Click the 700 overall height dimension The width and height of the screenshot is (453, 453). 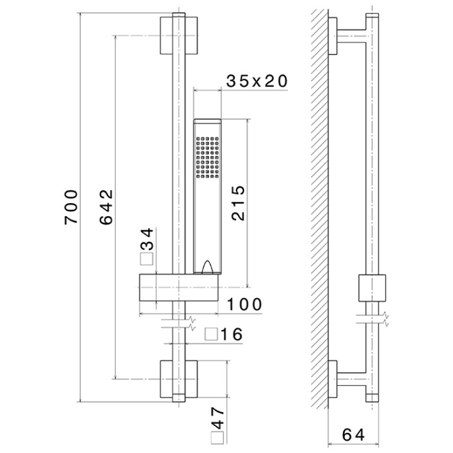point(71,207)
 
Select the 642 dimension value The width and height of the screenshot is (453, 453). point(106,207)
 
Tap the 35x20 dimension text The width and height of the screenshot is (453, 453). point(257,81)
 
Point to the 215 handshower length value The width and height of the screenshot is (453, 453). point(239,203)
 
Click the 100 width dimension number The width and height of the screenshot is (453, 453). point(245,305)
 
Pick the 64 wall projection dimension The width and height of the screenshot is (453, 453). point(353,435)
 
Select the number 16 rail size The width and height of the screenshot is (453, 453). point(232,334)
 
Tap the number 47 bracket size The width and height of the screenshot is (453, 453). point(218,418)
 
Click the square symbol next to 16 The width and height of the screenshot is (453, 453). point(211,334)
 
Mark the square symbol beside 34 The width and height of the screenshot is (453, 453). point(146,259)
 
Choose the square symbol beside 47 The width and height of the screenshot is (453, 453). point(217,438)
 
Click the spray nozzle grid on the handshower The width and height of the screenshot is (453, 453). point(207,157)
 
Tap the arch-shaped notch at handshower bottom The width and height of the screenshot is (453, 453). point(208,266)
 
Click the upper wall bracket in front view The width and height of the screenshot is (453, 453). point(179,35)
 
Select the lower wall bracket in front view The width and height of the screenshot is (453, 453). point(179,379)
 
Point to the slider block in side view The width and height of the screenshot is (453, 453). point(372,288)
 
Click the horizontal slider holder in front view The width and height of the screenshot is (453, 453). point(179,288)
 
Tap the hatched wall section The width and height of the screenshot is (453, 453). point(320,208)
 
